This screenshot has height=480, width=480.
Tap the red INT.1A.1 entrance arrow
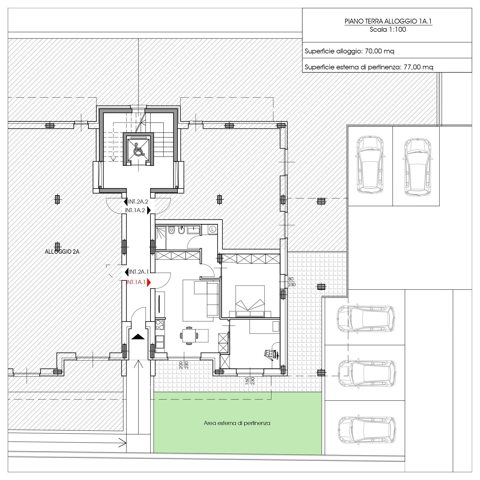(149, 282)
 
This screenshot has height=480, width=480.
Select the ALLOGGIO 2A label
(62, 252)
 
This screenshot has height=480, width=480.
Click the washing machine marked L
(213, 229)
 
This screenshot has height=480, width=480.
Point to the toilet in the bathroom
(171, 230)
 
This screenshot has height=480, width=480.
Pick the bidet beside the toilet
(182, 230)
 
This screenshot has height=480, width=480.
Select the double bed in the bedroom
(250, 301)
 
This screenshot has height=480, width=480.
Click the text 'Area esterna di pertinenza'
(237, 423)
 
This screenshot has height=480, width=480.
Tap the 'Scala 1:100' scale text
(388, 29)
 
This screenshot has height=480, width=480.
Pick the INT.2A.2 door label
(138, 202)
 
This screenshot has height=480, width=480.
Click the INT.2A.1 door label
(139, 272)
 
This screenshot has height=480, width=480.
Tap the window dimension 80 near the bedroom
(291, 279)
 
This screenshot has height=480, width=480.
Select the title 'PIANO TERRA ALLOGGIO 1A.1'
(388, 21)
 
